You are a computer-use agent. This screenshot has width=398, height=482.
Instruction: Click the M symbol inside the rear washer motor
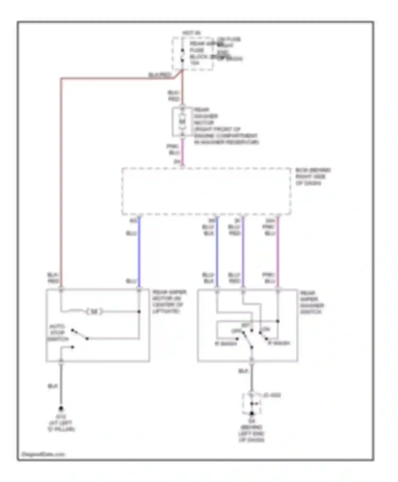click(x=182, y=122)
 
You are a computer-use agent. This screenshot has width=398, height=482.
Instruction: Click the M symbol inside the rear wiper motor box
click(x=94, y=311)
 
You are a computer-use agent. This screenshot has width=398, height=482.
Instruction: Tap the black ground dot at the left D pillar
click(x=61, y=408)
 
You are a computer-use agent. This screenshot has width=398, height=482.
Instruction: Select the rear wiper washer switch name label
click(x=312, y=302)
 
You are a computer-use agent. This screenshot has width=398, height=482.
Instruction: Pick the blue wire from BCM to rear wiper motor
click(x=139, y=252)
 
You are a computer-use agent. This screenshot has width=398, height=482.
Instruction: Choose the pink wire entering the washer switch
click(x=278, y=252)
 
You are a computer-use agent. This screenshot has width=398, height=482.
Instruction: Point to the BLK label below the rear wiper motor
click(x=53, y=386)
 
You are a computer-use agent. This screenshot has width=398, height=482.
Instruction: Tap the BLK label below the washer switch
click(x=243, y=371)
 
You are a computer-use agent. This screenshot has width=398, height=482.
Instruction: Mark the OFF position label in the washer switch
click(x=236, y=331)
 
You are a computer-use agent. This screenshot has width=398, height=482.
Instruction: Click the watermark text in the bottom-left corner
click(x=43, y=454)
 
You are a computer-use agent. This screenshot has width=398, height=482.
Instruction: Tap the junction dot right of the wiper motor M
click(x=139, y=311)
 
